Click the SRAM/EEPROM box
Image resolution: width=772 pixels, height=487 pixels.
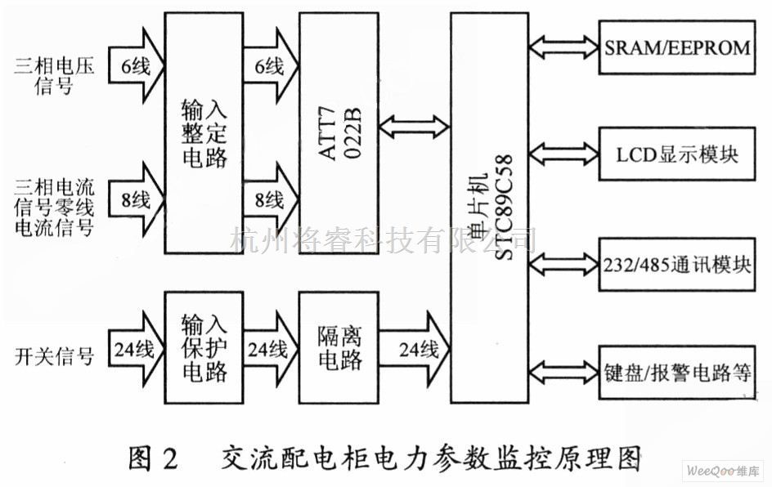[x=676, y=47]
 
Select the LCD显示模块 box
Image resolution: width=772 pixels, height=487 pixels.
[x=676, y=154]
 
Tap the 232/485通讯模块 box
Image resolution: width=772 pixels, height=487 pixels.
[x=676, y=263]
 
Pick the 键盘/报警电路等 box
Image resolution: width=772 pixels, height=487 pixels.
[x=676, y=374]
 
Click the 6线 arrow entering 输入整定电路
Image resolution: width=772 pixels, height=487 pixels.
[x=134, y=68]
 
